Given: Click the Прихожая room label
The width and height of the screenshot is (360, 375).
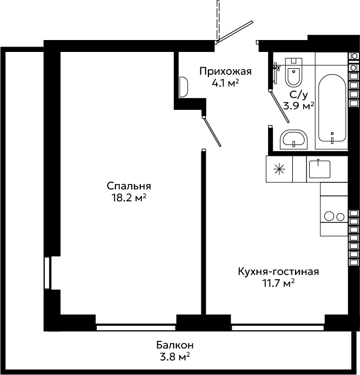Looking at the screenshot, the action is [x=226, y=71].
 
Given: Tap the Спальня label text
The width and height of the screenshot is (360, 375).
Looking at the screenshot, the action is [x=129, y=186].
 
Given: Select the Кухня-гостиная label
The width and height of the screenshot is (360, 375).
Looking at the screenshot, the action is [x=278, y=272].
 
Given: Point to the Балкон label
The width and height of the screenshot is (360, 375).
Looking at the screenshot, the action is [x=175, y=345].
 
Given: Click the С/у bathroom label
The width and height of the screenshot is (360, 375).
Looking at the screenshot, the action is [x=298, y=95].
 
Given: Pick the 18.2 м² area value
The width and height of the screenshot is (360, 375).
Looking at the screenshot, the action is [x=129, y=198].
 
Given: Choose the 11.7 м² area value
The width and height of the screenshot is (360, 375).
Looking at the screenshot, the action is [x=278, y=284].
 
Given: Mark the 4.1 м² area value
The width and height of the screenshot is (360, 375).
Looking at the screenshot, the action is [x=225, y=83].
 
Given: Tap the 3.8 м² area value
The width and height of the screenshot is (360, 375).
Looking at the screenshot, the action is [x=175, y=357].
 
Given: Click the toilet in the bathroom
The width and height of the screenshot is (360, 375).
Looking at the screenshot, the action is [x=294, y=72].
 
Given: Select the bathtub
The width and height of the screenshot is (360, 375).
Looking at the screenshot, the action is [x=332, y=108].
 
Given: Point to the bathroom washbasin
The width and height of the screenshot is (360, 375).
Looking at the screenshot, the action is [x=294, y=140].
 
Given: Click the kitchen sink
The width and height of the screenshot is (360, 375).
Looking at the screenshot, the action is [x=319, y=169].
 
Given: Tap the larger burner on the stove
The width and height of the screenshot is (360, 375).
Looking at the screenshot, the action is [x=329, y=216].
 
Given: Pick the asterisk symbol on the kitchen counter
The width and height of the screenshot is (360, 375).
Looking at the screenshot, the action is [x=279, y=169].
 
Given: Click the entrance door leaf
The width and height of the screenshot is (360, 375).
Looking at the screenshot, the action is [x=235, y=31].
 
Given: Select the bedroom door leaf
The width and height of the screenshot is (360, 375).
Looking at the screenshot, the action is [x=212, y=132].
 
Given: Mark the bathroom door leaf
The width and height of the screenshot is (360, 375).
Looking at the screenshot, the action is [x=280, y=107].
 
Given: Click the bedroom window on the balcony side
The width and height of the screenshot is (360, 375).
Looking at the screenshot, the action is [x=136, y=327].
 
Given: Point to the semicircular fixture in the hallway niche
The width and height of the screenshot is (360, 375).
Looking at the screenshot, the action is [x=184, y=87].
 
